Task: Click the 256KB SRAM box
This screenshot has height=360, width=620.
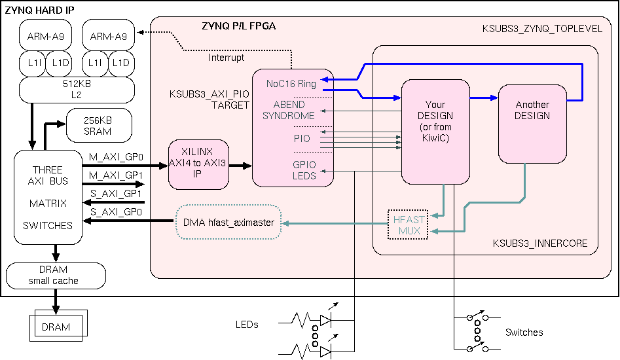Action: [98, 126]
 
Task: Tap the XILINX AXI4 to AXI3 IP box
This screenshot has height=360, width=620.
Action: [199, 164]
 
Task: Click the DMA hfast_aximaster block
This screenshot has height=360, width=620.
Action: [228, 223]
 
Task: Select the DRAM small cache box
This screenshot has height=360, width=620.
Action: [56, 276]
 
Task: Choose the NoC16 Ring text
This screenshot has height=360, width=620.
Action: [291, 84]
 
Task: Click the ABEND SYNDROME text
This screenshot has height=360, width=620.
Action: [288, 110]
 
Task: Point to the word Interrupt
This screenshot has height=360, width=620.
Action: [227, 58]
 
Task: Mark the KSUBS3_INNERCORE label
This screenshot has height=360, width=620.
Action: [540, 243]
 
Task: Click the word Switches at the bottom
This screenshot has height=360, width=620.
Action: [524, 333]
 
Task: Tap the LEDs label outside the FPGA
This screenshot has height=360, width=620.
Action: [247, 325]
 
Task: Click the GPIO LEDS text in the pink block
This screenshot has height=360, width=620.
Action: [304, 170]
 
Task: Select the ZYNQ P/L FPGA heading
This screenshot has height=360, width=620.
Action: [238, 26]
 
